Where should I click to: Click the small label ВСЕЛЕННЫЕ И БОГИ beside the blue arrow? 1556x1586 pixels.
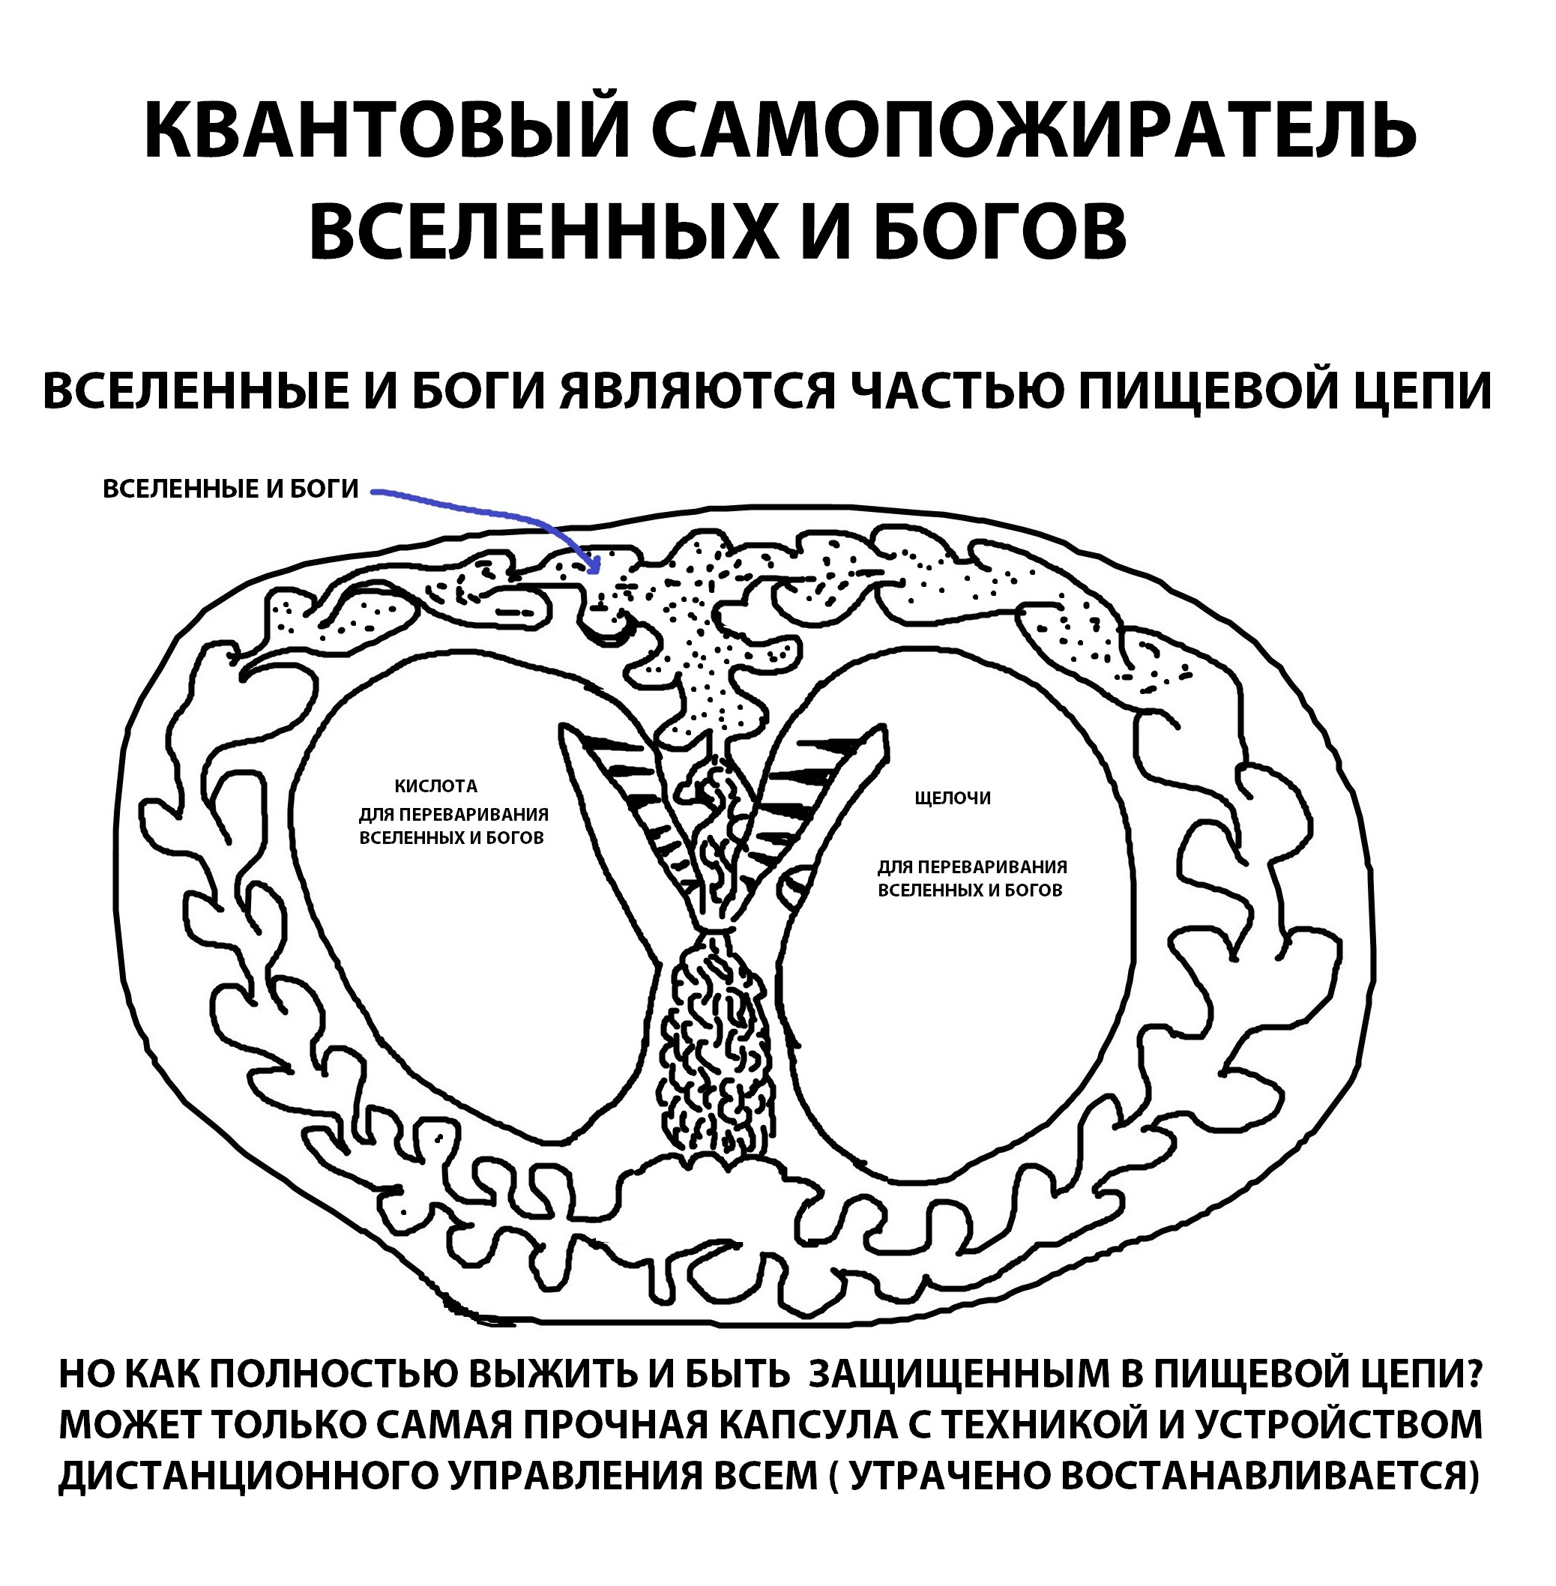click(230, 489)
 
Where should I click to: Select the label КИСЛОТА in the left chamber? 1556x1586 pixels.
click(435, 787)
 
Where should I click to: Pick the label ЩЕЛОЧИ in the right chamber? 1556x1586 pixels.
click(953, 798)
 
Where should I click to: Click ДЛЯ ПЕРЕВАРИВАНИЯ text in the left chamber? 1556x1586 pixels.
click(453, 815)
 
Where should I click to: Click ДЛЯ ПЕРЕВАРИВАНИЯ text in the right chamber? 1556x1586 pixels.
click(973, 867)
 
